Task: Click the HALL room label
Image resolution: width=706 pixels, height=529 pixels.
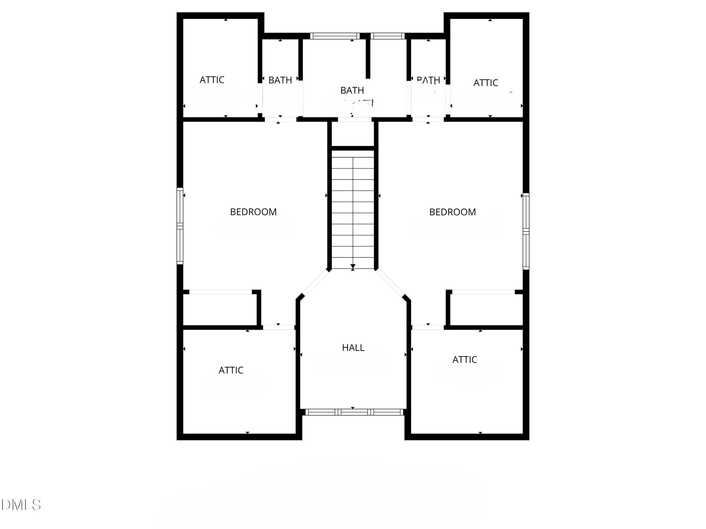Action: point(353,347)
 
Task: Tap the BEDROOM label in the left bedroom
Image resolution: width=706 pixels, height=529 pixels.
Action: point(253,212)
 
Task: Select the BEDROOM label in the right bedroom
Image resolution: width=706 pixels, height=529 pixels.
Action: point(452,212)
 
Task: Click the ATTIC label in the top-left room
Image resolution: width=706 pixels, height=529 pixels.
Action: point(212,80)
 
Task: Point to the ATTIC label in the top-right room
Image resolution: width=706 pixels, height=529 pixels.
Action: point(485,83)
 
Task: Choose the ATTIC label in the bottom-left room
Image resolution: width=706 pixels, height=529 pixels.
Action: point(231,370)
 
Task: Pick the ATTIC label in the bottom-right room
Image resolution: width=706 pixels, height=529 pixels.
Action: point(464,360)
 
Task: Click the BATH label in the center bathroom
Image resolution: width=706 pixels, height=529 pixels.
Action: point(352,91)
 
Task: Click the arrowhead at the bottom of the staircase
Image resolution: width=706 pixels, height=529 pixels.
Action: point(353,266)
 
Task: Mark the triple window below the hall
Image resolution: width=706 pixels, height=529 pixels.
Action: point(354,412)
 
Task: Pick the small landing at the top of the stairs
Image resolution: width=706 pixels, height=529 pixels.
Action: point(353,134)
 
